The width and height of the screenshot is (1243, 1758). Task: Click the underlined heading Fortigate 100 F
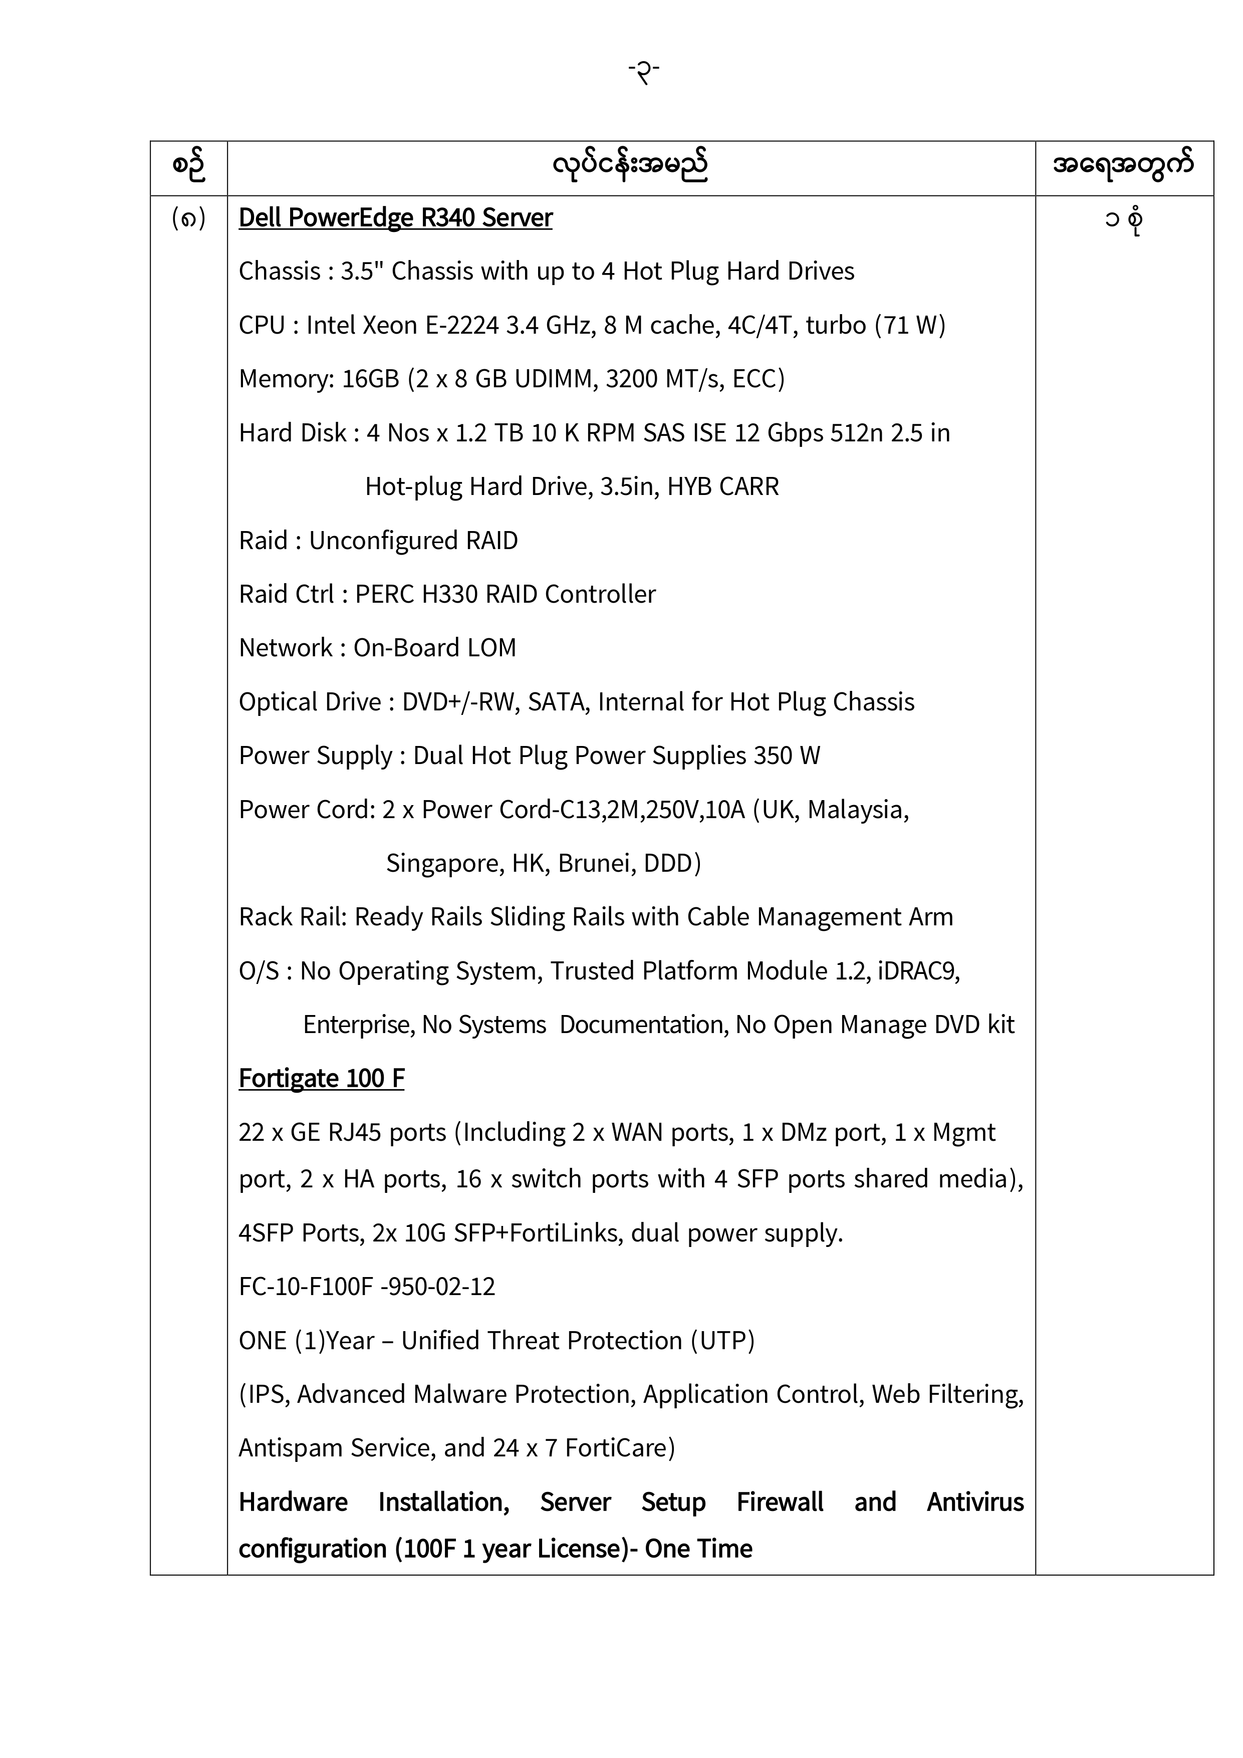click(x=321, y=1078)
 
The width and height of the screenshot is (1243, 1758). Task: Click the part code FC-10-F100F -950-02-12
click(x=367, y=1287)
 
